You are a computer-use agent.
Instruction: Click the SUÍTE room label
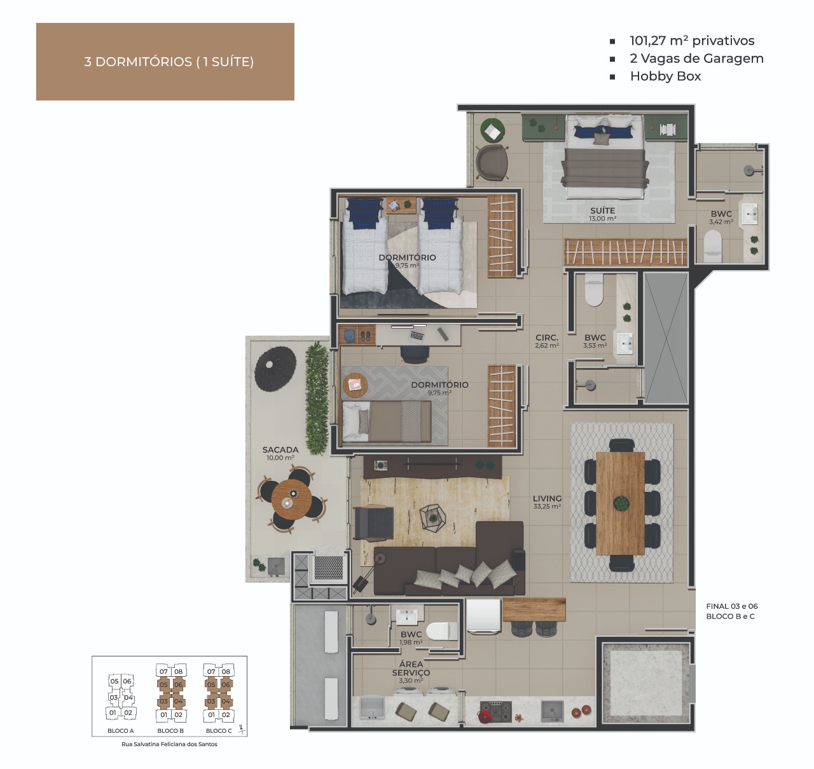tap(602, 210)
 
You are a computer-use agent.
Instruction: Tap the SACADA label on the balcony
tap(280, 449)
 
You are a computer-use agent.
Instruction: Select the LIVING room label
tap(547, 498)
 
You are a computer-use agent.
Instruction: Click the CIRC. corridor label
tap(547, 337)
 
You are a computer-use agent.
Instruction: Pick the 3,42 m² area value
tap(721, 222)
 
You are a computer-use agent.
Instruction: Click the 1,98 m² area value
tap(411, 643)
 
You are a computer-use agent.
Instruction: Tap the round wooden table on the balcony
tap(291, 500)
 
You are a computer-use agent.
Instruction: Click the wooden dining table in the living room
tap(620, 503)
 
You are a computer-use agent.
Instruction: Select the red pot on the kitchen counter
tap(485, 716)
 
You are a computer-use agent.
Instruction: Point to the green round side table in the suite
tap(492, 131)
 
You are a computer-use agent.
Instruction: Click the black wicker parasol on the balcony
tap(275, 369)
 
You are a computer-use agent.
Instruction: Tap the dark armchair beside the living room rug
tap(373, 523)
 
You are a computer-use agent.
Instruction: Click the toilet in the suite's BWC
tap(713, 247)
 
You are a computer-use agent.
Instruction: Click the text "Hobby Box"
tap(665, 76)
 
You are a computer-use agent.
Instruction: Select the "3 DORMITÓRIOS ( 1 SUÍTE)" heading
tap(169, 62)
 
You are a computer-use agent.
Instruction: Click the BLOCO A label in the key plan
tap(120, 730)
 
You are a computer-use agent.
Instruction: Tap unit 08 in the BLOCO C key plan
tap(226, 671)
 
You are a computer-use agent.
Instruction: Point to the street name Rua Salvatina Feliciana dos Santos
tap(169, 744)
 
